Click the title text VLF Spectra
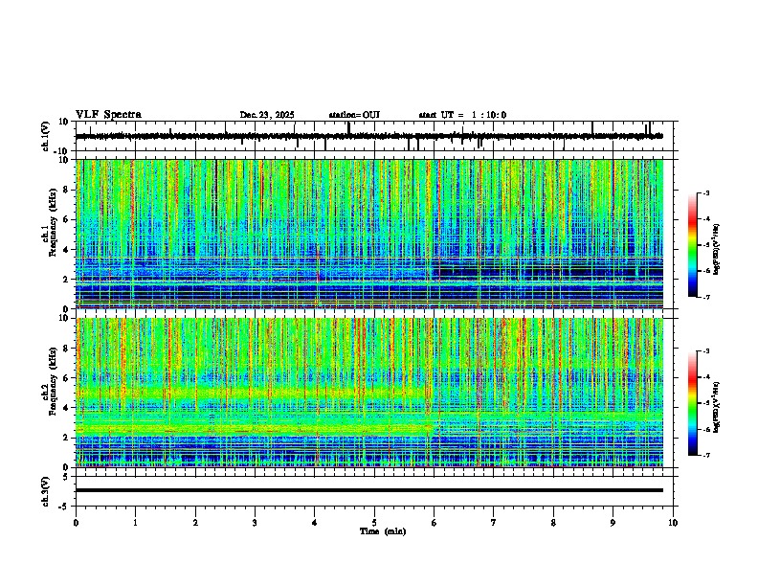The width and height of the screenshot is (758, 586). point(108,115)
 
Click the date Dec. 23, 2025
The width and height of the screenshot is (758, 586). point(267,115)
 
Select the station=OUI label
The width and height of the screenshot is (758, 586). point(354,115)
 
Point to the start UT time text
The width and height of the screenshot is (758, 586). point(462,115)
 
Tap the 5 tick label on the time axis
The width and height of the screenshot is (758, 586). point(374,522)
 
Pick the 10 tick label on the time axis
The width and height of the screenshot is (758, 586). point(673,522)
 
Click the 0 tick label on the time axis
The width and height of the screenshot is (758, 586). point(76,522)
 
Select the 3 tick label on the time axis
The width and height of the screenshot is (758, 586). point(255,522)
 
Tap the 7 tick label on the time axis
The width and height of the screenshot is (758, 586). point(494,522)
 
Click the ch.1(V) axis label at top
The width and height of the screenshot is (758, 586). point(46,136)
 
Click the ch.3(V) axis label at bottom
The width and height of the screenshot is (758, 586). point(46,490)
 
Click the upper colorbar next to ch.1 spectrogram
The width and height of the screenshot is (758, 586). point(693,244)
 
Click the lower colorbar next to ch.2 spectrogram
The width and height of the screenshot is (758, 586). point(693,403)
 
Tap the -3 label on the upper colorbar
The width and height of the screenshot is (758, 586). point(705,194)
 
